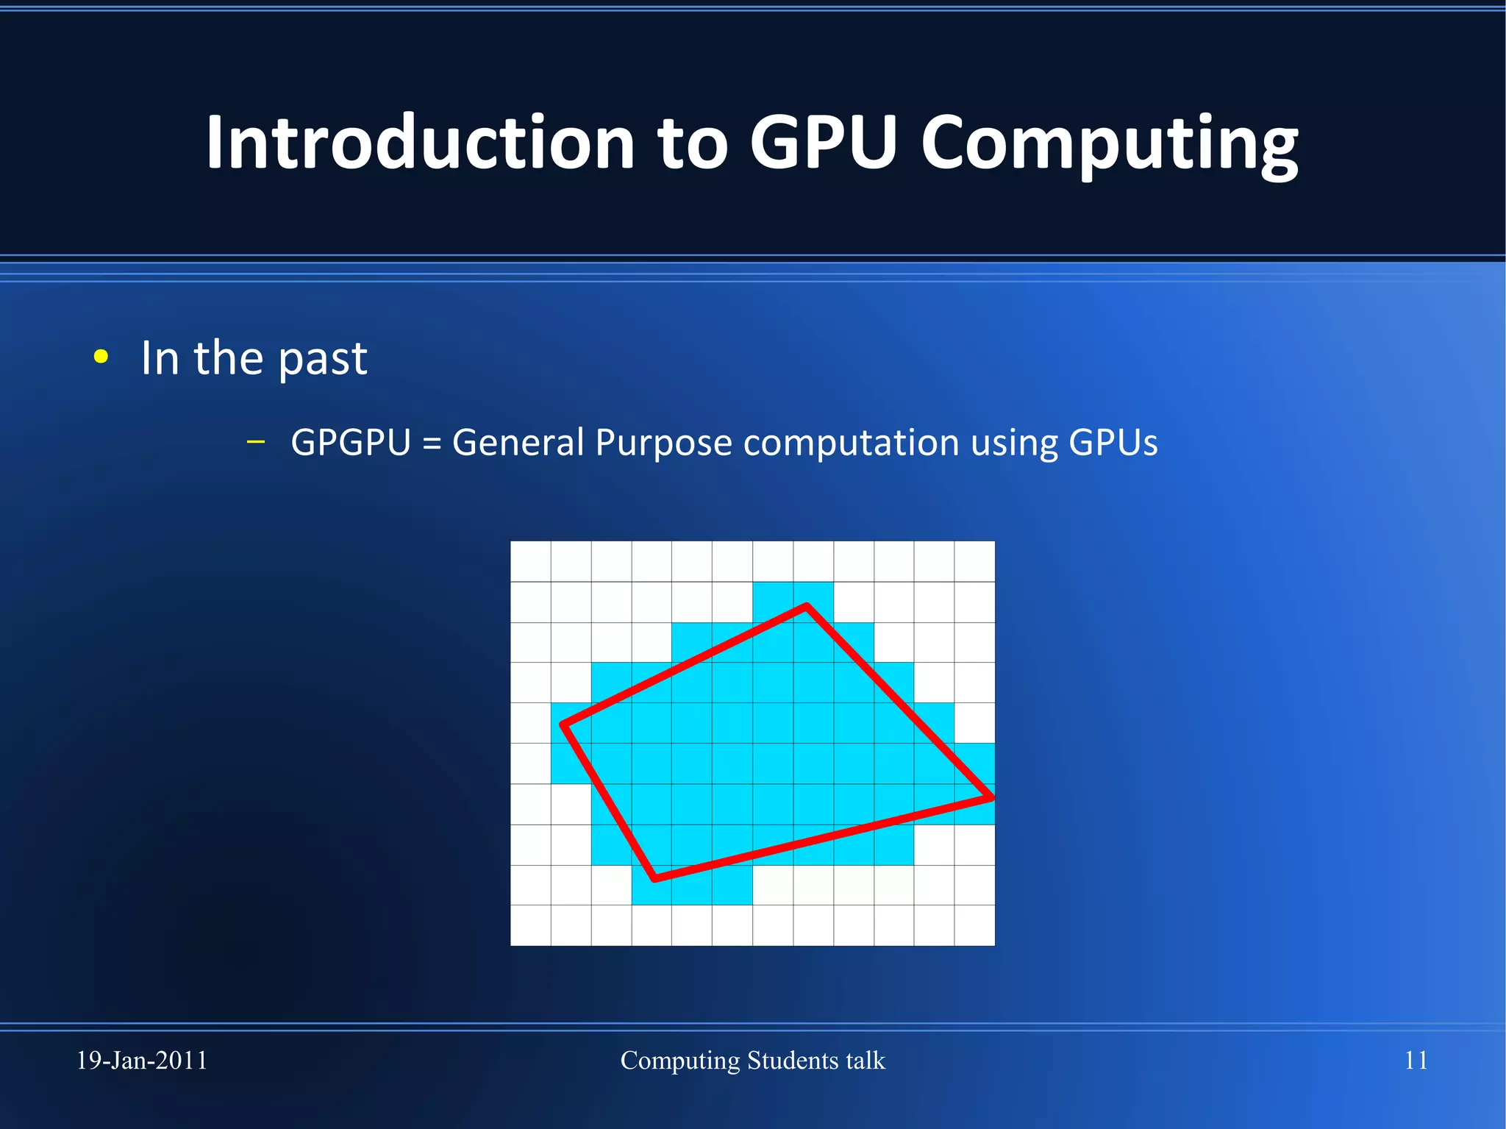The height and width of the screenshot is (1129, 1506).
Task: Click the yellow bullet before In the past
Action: coord(101,357)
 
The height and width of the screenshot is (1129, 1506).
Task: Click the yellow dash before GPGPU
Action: coord(256,442)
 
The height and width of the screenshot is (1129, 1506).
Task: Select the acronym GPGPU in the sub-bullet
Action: coord(351,443)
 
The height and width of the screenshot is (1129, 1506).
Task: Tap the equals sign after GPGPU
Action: coord(432,444)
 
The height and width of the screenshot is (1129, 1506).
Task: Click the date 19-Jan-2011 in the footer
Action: coord(142,1061)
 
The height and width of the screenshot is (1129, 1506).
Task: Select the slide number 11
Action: coord(1416,1061)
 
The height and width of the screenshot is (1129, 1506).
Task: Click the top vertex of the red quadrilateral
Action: coord(807,606)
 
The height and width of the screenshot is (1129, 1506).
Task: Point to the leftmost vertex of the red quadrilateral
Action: coord(563,725)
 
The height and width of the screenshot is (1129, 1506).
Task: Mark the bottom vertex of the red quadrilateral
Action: coord(655,878)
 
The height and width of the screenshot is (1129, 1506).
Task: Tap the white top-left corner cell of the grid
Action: coord(531,561)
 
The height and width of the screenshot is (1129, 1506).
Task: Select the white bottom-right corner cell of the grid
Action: coord(974,925)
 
